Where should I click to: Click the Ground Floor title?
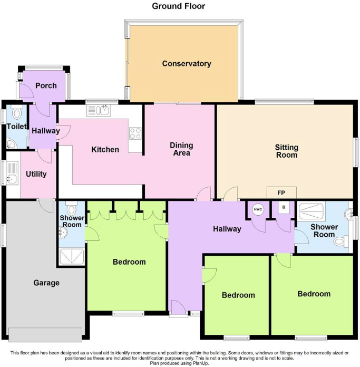pos(179,6)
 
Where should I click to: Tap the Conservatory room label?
pos(187,64)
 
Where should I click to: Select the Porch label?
pos(45,85)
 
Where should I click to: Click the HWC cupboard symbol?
pos(258,209)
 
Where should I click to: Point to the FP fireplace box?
pos(281,192)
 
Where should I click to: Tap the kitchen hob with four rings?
pos(135,133)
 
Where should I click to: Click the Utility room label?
pos(36,174)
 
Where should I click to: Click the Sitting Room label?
pos(286,151)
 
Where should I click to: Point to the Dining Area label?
pos(181,149)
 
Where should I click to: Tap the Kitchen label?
pos(105,150)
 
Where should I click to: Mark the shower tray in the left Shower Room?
pos(71,257)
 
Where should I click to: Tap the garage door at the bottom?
pos(45,333)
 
